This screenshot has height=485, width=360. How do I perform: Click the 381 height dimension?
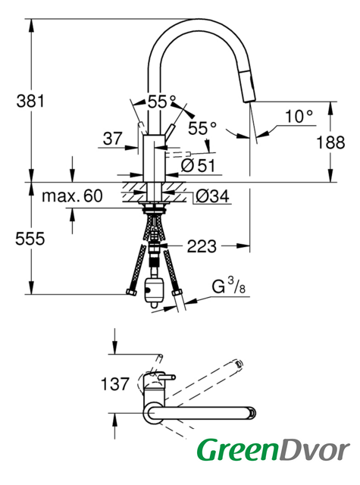click(x=30, y=101)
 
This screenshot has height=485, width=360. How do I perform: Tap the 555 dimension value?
click(x=30, y=239)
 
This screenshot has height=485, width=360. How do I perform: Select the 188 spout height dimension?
click(x=330, y=142)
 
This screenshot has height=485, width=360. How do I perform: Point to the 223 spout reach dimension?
click(x=202, y=246)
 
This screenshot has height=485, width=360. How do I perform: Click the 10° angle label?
click(x=299, y=116)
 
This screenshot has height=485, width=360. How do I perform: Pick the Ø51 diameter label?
click(x=198, y=165)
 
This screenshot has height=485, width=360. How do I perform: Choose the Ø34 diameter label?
click(x=213, y=196)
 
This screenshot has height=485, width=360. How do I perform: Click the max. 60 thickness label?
click(x=72, y=196)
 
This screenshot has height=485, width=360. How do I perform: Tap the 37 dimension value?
click(x=113, y=138)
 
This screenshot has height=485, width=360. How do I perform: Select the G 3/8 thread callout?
click(x=229, y=286)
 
